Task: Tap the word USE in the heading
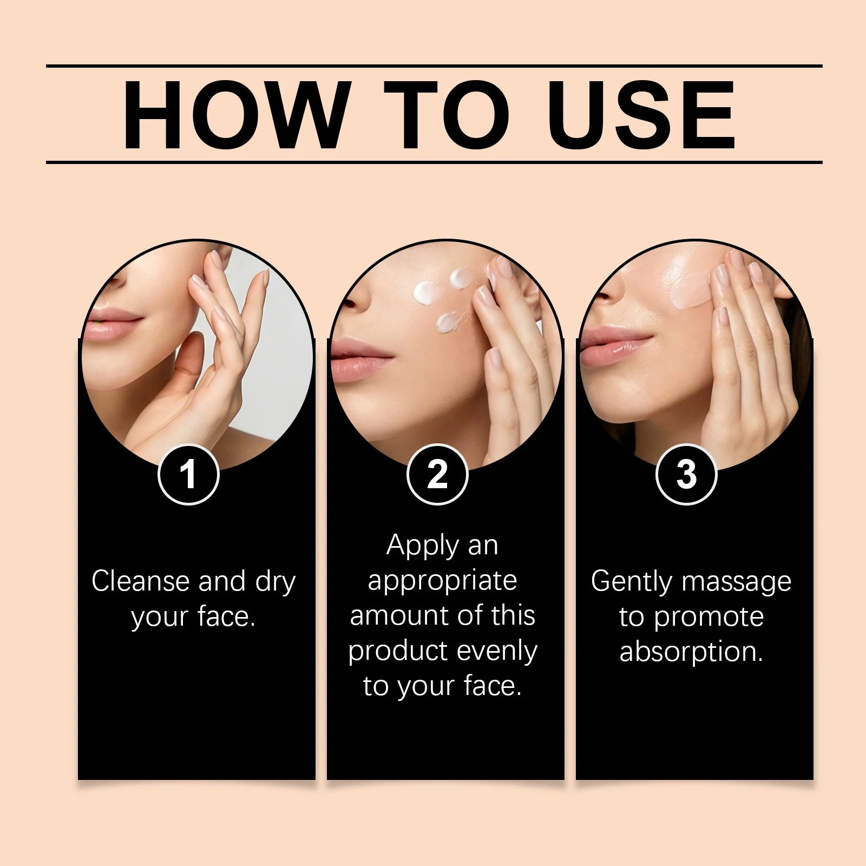[x=644, y=115]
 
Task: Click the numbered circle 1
[x=188, y=475]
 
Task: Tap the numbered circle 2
[x=437, y=475]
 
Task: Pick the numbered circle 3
[x=686, y=475]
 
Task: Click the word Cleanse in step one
[x=141, y=581]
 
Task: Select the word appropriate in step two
[x=442, y=581]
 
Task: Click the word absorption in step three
[x=691, y=652]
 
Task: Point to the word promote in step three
[x=708, y=618]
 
